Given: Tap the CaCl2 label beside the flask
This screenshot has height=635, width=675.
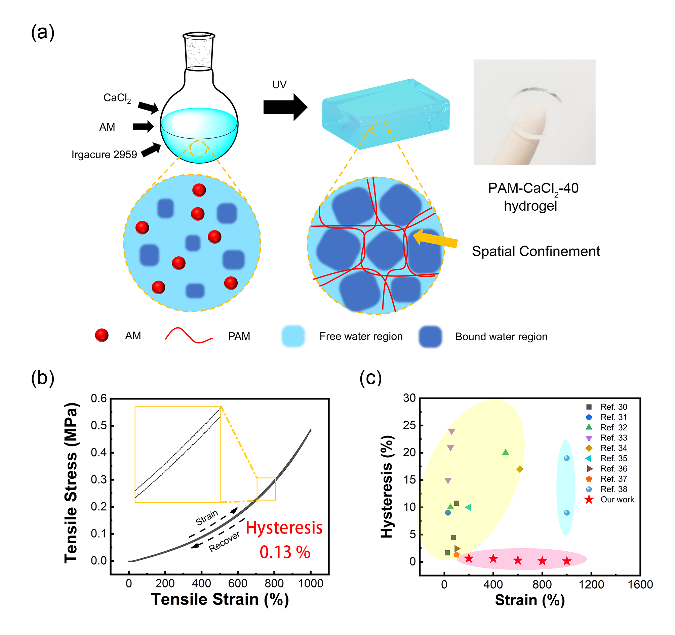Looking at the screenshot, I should (x=117, y=98).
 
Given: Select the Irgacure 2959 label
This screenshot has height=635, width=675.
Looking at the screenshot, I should (x=104, y=155).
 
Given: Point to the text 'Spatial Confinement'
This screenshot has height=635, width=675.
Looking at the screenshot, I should (x=535, y=252).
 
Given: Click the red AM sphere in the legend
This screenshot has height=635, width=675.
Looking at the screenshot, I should (x=102, y=335).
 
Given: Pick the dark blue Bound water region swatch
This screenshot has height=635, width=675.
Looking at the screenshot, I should (x=430, y=336).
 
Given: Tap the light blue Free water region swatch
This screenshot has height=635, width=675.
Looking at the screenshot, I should (x=293, y=336).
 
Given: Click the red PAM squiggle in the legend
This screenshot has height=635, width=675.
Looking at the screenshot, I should (x=189, y=335).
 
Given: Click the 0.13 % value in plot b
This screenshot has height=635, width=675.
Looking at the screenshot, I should (x=284, y=552).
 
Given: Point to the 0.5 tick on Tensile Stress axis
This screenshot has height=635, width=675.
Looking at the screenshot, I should (x=98, y=425).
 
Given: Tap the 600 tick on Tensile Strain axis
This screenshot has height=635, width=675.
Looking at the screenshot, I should (x=238, y=583).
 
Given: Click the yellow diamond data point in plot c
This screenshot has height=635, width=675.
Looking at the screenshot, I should (x=519, y=469).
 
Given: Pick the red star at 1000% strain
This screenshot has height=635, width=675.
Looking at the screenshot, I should (x=567, y=561).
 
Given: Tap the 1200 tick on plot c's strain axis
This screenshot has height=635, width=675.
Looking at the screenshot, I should (x=591, y=584).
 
